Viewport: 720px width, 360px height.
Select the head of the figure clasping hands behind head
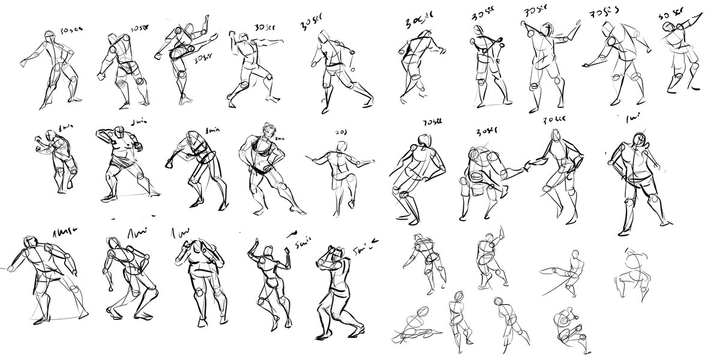coord(197,245)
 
